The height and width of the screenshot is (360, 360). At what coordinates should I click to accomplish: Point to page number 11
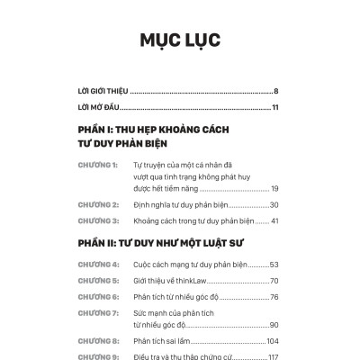tap(274, 108)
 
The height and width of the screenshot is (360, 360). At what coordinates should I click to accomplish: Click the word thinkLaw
tap(188, 281)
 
